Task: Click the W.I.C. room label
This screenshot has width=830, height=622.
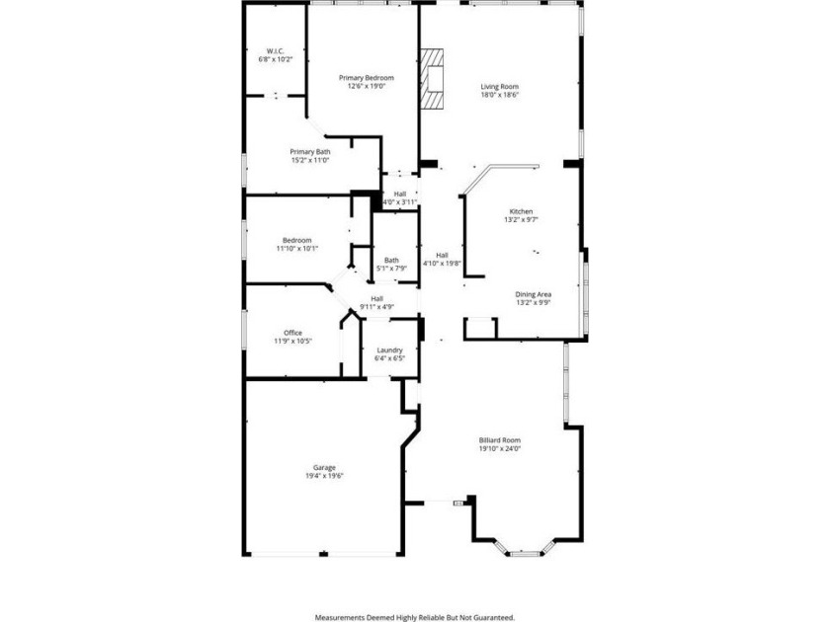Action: click(x=275, y=51)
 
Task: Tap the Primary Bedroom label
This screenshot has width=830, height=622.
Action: click(x=367, y=78)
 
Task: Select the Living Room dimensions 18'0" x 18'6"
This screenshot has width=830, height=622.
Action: click(x=500, y=95)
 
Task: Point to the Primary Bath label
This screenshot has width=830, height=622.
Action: click(x=309, y=151)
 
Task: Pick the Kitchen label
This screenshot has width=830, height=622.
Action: click(x=521, y=211)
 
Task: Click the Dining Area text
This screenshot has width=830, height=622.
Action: click(x=533, y=294)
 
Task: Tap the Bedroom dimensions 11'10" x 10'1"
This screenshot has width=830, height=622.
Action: click(x=297, y=249)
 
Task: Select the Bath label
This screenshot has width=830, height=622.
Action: click(x=391, y=261)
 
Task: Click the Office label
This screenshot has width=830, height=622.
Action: click(x=292, y=333)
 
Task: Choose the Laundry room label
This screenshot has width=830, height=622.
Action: click(x=389, y=350)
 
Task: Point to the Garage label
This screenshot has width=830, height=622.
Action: click(x=324, y=467)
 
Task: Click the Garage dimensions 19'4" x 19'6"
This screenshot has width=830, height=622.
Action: click(x=324, y=476)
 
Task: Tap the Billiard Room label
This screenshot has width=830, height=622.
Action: click(x=500, y=439)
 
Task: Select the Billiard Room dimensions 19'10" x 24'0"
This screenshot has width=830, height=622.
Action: click(x=500, y=448)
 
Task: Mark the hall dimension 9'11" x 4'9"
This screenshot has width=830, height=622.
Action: click(x=376, y=307)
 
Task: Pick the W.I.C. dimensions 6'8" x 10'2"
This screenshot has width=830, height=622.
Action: click(x=275, y=60)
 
